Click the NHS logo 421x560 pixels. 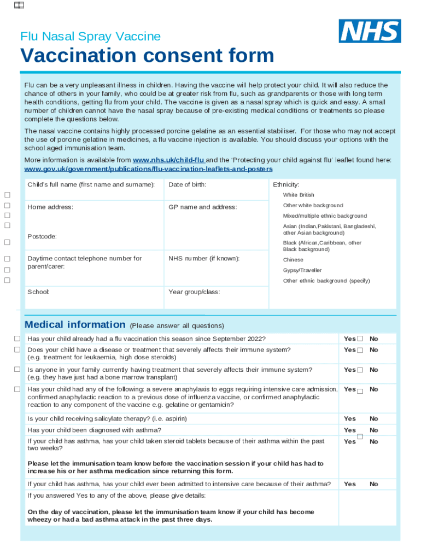370,31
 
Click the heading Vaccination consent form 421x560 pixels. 147,56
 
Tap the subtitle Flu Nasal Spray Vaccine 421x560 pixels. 90,37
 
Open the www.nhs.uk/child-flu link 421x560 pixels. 169,160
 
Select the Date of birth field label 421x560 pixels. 187,185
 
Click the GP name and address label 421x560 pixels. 202,207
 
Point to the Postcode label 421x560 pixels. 42,236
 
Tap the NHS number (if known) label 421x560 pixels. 204,259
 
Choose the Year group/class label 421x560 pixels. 194,292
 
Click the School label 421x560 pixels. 38,292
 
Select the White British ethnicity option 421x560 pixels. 299,195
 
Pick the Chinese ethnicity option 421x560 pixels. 293,260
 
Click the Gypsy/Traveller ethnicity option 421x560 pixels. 302,271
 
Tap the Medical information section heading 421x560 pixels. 75,325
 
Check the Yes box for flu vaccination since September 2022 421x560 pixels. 360,339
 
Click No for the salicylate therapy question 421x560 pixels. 374,419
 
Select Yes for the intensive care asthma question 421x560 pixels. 350,484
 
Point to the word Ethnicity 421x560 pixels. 286,185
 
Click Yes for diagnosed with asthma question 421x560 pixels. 350,430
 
